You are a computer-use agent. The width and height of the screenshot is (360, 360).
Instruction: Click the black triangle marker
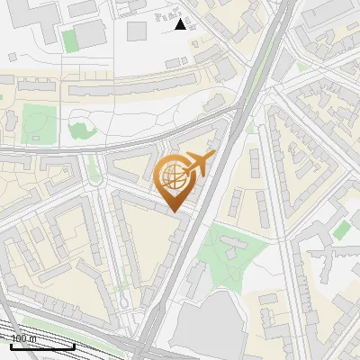(181, 24)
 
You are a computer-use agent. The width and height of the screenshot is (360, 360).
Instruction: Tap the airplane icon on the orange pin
(198, 163)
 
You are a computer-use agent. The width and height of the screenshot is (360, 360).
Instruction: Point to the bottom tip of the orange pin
(175, 211)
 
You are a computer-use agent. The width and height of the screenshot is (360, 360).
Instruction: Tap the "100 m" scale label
(24, 339)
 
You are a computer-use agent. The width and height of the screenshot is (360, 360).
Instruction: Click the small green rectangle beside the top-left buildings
(70, 40)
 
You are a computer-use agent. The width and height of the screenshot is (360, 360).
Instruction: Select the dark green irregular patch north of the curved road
(81, 130)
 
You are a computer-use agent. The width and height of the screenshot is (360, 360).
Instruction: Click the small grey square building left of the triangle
(136, 31)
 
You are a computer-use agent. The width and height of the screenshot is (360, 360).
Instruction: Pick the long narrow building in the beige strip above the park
(117, 91)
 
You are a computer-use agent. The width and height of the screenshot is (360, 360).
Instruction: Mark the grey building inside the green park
(232, 245)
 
